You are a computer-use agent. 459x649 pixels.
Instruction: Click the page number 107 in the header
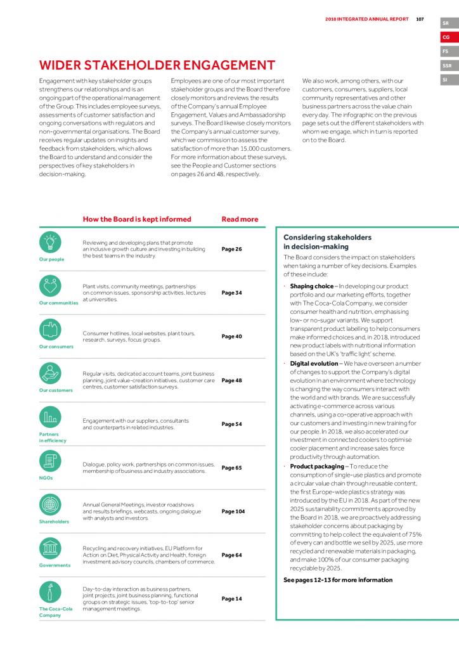coord(420,19)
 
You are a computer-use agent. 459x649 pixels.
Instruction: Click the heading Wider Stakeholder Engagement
coord(157,65)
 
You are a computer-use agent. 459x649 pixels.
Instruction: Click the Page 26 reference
coord(231,249)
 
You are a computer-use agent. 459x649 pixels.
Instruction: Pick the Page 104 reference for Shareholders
coord(233,511)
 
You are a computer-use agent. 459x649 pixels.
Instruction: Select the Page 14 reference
coord(231,598)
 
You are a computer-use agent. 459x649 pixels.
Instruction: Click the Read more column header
coord(240,219)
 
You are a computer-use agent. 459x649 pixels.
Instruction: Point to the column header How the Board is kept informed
coord(137,219)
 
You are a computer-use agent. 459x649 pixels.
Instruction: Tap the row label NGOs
coord(46,478)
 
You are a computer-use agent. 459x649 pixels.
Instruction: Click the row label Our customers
coord(56,390)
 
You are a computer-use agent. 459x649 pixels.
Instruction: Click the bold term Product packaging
coord(317,466)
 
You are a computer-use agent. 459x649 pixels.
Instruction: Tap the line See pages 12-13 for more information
coord(338,580)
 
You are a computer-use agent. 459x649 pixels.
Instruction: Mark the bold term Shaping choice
coord(311,286)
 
